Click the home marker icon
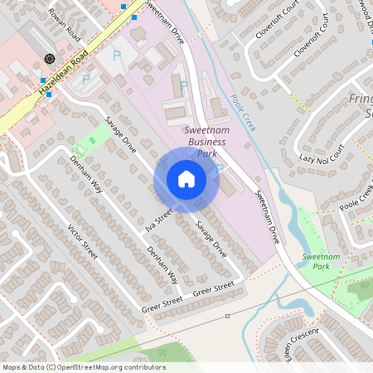click(186, 178)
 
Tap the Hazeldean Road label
click(57, 82)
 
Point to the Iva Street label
click(157, 220)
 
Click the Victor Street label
click(83, 241)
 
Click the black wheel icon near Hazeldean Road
click(50, 59)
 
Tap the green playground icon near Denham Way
click(75, 149)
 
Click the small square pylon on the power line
click(227, 316)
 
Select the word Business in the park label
click(206, 142)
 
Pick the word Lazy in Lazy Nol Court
click(308, 159)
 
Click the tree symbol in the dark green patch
click(362, 288)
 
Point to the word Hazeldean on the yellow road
click(50, 88)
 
